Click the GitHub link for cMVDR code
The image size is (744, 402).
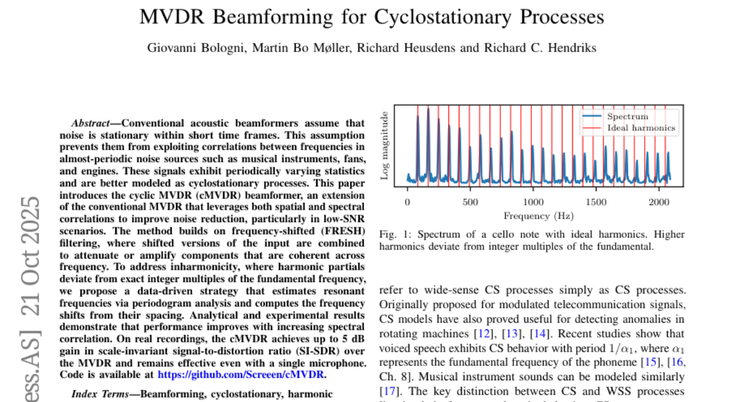(x=241, y=374)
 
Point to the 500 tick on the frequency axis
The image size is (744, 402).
(x=470, y=202)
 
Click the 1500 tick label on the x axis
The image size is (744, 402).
(x=596, y=202)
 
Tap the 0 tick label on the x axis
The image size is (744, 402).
(x=407, y=202)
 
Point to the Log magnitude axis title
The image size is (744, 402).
(x=385, y=146)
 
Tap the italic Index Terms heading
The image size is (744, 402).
(x=99, y=393)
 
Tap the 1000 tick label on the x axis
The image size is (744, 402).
(x=533, y=202)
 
